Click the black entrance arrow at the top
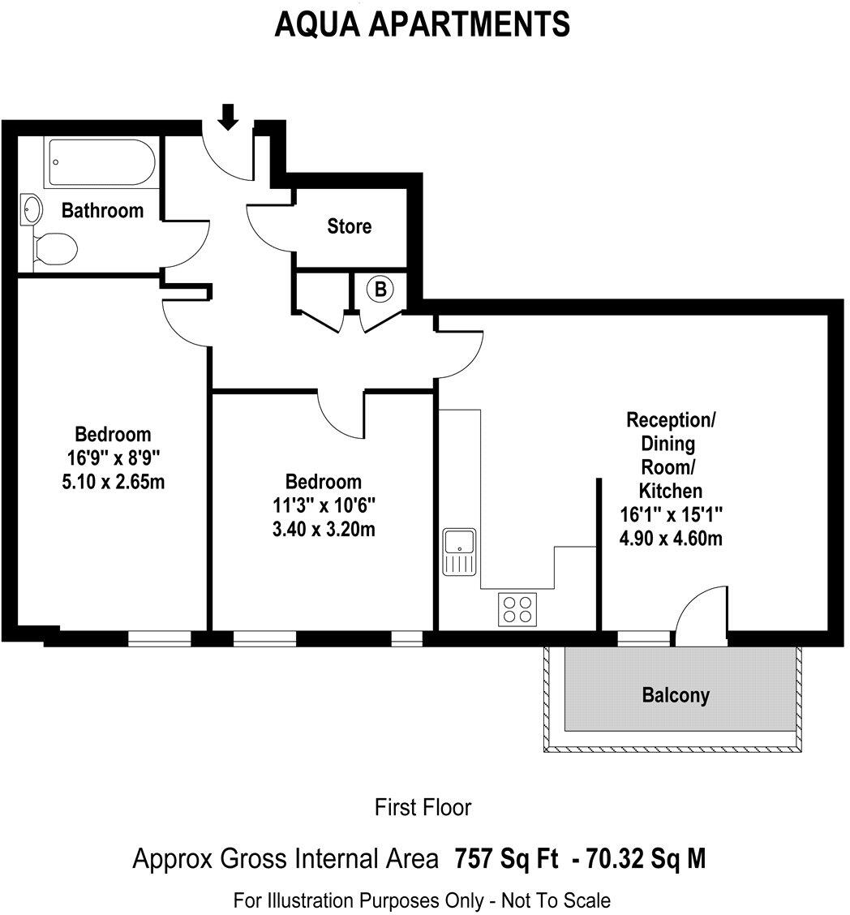click(229, 117)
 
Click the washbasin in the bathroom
click(32, 210)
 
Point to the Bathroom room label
click(103, 211)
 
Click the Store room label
click(350, 226)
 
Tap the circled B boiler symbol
click(380, 288)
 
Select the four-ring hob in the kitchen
click(517, 609)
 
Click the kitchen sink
click(460, 552)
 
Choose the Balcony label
click(676, 695)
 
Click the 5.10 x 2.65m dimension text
click(113, 482)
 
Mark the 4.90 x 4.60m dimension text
click(671, 537)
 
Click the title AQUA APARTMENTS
click(423, 24)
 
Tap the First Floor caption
click(423, 807)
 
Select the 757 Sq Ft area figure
click(506, 858)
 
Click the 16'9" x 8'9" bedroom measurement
click(113, 457)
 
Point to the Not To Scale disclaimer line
click(423, 900)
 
